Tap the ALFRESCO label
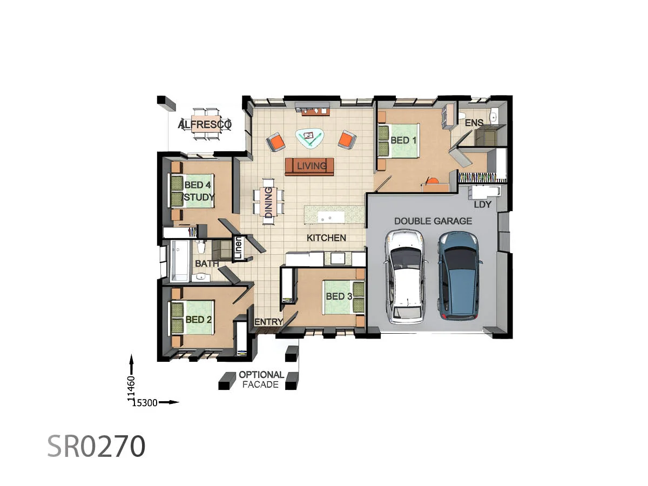click(x=205, y=125)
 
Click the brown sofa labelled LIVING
click(x=310, y=166)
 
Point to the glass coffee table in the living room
click(x=309, y=138)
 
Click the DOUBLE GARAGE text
click(x=433, y=221)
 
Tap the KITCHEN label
click(x=326, y=238)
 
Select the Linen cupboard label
click(x=237, y=249)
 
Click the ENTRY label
click(x=268, y=322)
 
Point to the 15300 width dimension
click(x=144, y=402)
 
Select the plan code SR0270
click(x=96, y=447)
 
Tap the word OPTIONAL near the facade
click(x=261, y=375)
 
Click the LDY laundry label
click(x=482, y=205)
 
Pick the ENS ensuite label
click(x=474, y=123)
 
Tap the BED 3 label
click(x=339, y=296)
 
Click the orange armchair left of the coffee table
click(x=276, y=142)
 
